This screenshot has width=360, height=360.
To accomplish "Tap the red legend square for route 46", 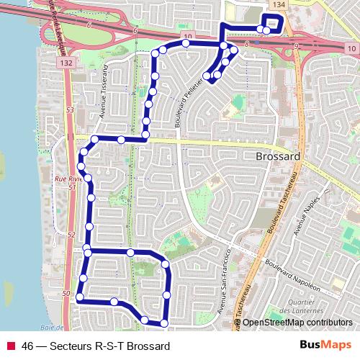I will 9,346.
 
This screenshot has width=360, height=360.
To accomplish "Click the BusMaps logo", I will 326,346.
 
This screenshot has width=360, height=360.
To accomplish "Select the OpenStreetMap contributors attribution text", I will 297,323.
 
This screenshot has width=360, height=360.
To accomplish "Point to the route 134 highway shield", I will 279,5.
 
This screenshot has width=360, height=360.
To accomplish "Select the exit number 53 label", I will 70,111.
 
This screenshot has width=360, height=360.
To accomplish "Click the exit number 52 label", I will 71,235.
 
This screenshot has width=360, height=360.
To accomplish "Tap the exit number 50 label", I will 66,294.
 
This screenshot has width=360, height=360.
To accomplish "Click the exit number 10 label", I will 187,36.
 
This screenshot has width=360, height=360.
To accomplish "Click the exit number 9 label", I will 296,47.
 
